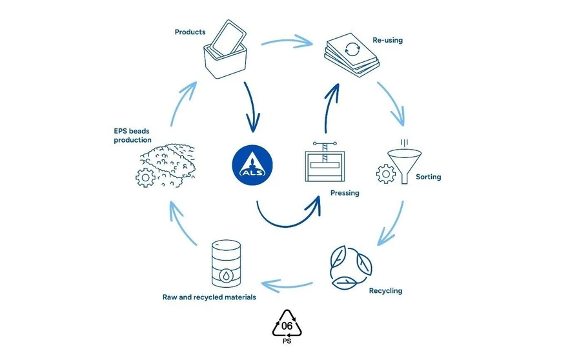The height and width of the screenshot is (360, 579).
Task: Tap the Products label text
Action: pyautogui.click(x=190, y=32)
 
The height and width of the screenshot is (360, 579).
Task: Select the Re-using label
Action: pyautogui.click(x=387, y=40)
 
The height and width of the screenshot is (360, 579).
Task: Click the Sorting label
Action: pyautogui.click(x=429, y=177)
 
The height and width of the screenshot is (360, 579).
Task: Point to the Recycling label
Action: pyautogui.click(x=385, y=290)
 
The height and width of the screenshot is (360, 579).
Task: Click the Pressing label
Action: pyautogui.click(x=345, y=192)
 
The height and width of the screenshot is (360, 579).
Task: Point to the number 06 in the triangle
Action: pyautogui.click(x=288, y=326)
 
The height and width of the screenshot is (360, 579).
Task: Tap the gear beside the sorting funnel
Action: pyautogui.click(x=386, y=173)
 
